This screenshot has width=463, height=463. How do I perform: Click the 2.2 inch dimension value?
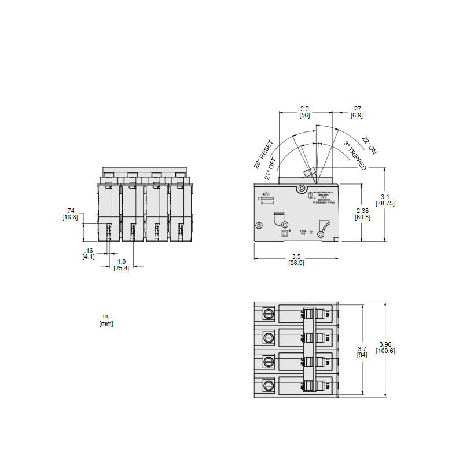click(x=304, y=109)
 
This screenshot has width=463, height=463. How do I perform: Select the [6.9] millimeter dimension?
click(x=357, y=116)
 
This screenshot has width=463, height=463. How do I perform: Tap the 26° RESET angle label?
click(x=263, y=153)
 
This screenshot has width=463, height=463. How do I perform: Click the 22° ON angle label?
click(x=369, y=145)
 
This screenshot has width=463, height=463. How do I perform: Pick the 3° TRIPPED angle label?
click(x=354, y=156)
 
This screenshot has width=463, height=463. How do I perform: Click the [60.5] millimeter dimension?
click(x=363, y=217)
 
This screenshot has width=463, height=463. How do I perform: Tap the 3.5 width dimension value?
click(x=296, y=256)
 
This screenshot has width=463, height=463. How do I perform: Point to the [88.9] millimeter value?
click(x=296, y=263)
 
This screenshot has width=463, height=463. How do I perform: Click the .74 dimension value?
click(x=71, y=210)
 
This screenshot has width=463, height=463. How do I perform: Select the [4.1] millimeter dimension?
click(x=90, y=256)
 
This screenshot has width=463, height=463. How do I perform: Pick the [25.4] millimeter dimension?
click(x=122, y=269)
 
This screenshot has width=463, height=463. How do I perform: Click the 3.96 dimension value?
click(x=385, y=344)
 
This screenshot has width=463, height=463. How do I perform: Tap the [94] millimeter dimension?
click(x=362, y=355)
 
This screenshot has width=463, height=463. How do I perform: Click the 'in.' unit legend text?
click(x=106, y=317)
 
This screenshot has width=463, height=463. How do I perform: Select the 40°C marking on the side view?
click(x=266, y=194)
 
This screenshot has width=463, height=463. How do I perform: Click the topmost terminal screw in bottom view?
click(x=269, y=314)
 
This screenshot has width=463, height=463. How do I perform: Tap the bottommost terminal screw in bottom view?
click(x=269, y=385)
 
